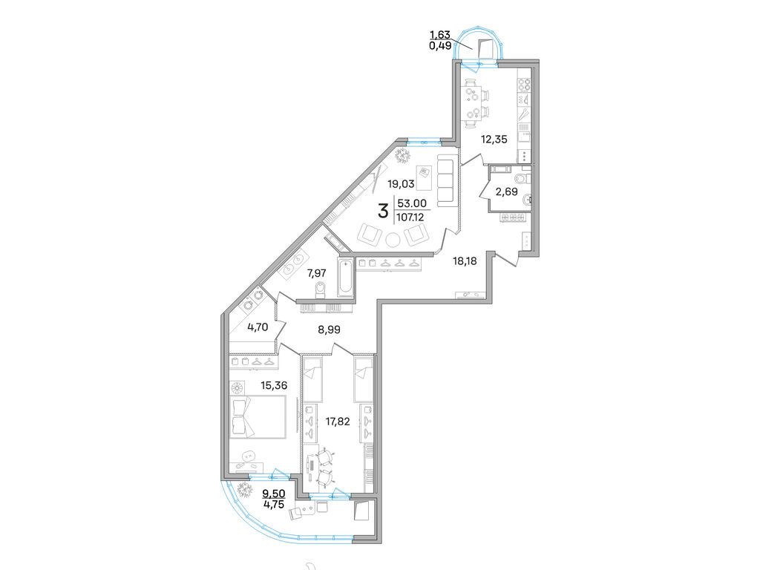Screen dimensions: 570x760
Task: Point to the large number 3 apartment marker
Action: [x=383, y=212]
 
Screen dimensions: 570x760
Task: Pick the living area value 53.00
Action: [x=413, y=203]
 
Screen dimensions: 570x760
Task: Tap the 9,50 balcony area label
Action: [x=273, y=492]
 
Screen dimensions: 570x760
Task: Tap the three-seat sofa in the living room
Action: [x=448, y=180]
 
